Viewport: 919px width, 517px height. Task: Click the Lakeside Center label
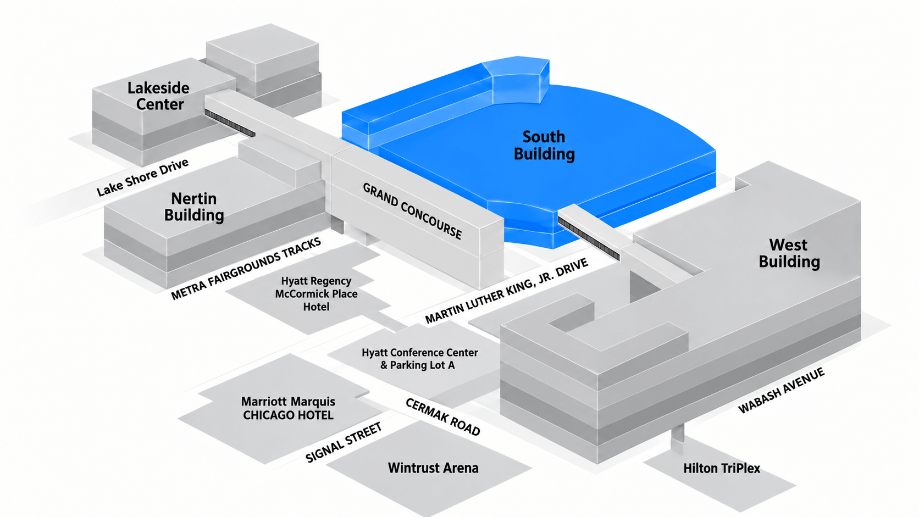158,96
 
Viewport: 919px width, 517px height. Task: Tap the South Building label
544,146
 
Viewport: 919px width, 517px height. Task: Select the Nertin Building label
194,207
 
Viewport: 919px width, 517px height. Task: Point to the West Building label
789,253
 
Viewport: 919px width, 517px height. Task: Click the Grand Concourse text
412,211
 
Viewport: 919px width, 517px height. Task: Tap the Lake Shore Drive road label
143,177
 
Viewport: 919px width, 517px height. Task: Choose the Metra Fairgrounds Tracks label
246,269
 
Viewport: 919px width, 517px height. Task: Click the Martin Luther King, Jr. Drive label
507,291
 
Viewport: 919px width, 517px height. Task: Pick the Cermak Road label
442,417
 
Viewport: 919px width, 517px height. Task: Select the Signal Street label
344,442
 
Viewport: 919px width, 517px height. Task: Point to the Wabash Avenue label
781,390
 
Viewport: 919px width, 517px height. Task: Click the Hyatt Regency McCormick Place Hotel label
316,293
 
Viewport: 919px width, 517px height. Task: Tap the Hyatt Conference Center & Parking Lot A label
419,359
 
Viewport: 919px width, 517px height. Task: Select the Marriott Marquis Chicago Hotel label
288,408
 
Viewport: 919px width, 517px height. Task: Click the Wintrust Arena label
433,468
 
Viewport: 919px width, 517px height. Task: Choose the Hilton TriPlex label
722,468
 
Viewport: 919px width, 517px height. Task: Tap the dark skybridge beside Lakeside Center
230,124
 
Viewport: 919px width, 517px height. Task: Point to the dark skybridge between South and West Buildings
589,238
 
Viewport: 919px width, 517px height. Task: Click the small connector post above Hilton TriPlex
677,438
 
